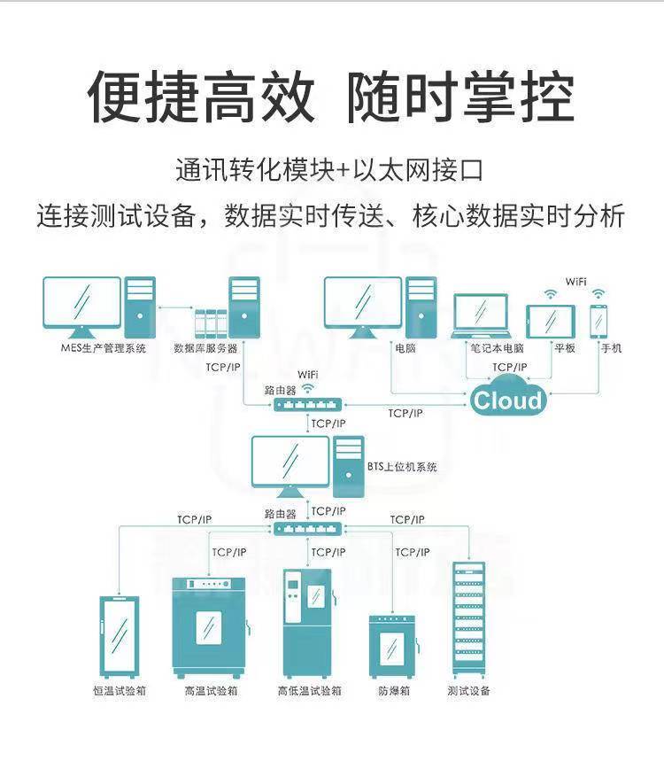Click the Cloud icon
tap(507, 400)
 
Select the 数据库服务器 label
tap(205, 348)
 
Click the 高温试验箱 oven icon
tap(209, 626)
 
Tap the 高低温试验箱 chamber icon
tap(306, 622)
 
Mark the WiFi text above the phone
tap(576, 282)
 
